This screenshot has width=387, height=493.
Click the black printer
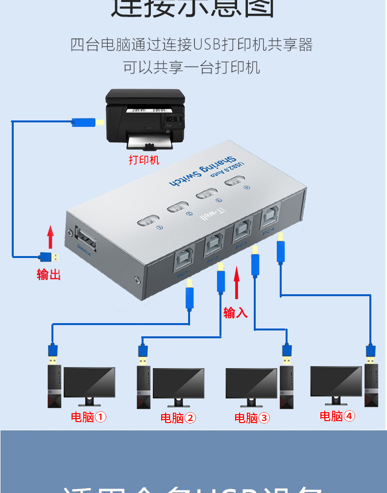(x=145, y=118)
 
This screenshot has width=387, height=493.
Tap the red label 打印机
(x=144, y=160)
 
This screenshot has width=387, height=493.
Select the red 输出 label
(x=49, y=274)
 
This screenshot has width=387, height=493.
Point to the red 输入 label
(x=236, y=312)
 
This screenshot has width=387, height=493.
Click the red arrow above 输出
(x=50, y=237)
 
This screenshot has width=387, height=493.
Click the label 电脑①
(x=89, y=417)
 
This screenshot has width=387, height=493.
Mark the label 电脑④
(x=338, y=416)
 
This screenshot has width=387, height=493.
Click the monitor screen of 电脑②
(x=178, y=383)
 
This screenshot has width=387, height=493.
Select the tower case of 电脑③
(x=287, y=387)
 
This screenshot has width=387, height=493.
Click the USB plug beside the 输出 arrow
(x=49, y=257)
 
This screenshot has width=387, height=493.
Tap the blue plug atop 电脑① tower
(x=53, y=352)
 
